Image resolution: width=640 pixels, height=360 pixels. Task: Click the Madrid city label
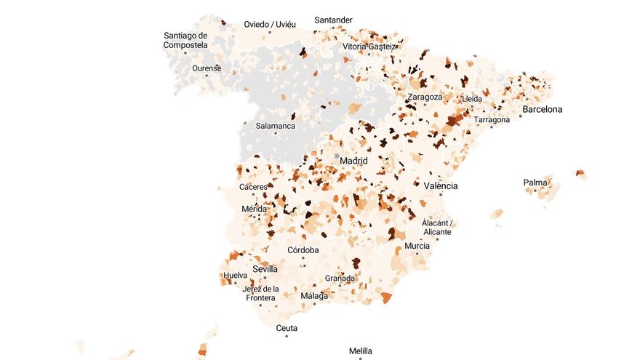click(x=353, y=161)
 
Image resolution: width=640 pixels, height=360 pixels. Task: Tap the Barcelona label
click(x=542, y=110)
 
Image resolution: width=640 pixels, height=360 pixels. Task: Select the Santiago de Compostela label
click(x=185, y=40)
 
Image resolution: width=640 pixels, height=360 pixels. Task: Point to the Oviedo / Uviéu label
click(x=270, y=24)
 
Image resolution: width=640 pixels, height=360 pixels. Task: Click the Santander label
click(x=334, y=20)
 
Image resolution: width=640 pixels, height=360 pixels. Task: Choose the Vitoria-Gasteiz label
click(x=370, y=47)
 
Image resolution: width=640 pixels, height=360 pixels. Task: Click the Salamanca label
click(x=275, y=126)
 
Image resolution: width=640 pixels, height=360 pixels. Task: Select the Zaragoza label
click(x=425, y=97)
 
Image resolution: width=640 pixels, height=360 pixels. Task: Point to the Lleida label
click(x=472, y=99)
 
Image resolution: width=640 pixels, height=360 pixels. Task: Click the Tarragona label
click(x=492, y=119)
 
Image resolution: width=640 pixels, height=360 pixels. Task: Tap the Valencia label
click(x=441, y=186)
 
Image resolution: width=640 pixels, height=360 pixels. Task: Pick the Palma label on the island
click(x=535, y=183)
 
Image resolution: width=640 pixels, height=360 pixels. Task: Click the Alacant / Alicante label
click(x=437, y=227)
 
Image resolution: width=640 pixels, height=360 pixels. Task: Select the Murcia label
click(x=417, y=246)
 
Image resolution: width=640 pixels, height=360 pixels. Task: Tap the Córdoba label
click(x=303, y=250)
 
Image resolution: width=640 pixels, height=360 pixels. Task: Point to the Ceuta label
click(x=287, y=328)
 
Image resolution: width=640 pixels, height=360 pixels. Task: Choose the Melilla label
click(x=360, y=351)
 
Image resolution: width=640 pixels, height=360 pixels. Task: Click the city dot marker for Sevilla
click(x=265, y=277)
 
